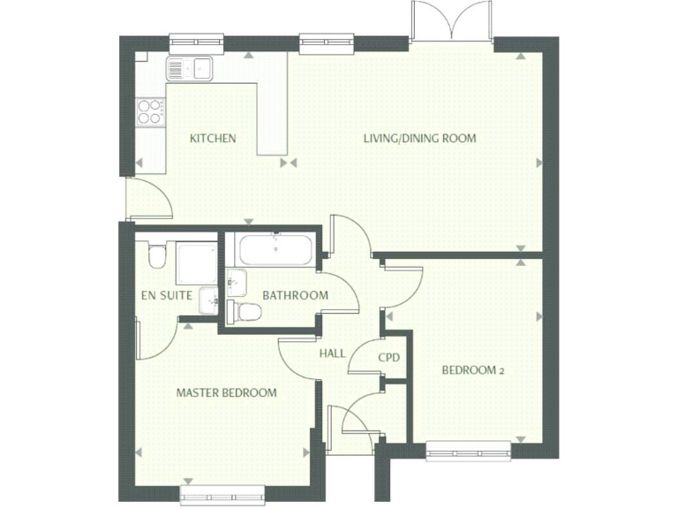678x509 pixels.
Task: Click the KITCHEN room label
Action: pyautogui.click(x=214, y=138)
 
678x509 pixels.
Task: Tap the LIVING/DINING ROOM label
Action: pyautogui.click(x=420, y=138)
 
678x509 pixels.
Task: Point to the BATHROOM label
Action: pyautogui.click(x=295, y=295)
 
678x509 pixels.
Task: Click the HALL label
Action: pyautogui.click(x=332, y=353)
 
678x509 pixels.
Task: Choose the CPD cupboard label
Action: pyautogui.click(x=388, y=358)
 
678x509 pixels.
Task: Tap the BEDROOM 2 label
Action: pyautogui.click(x=473, y=370)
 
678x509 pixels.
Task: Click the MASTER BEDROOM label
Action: pyautogui.click(x=226, y=392)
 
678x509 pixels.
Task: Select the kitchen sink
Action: pyautogui.click(x=189, y=67)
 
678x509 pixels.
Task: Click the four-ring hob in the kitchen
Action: pyautogui.click(x=149, y=110)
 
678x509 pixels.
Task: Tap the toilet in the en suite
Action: pyautogui.click(x=155, y=256)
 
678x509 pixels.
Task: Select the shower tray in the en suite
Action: pyautogui.click(x=196, y=262)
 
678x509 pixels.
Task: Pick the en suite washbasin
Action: pyautogui.click(x=207, y=300)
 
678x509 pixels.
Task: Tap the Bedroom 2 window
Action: pyautogui.click(x=469, y=452)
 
